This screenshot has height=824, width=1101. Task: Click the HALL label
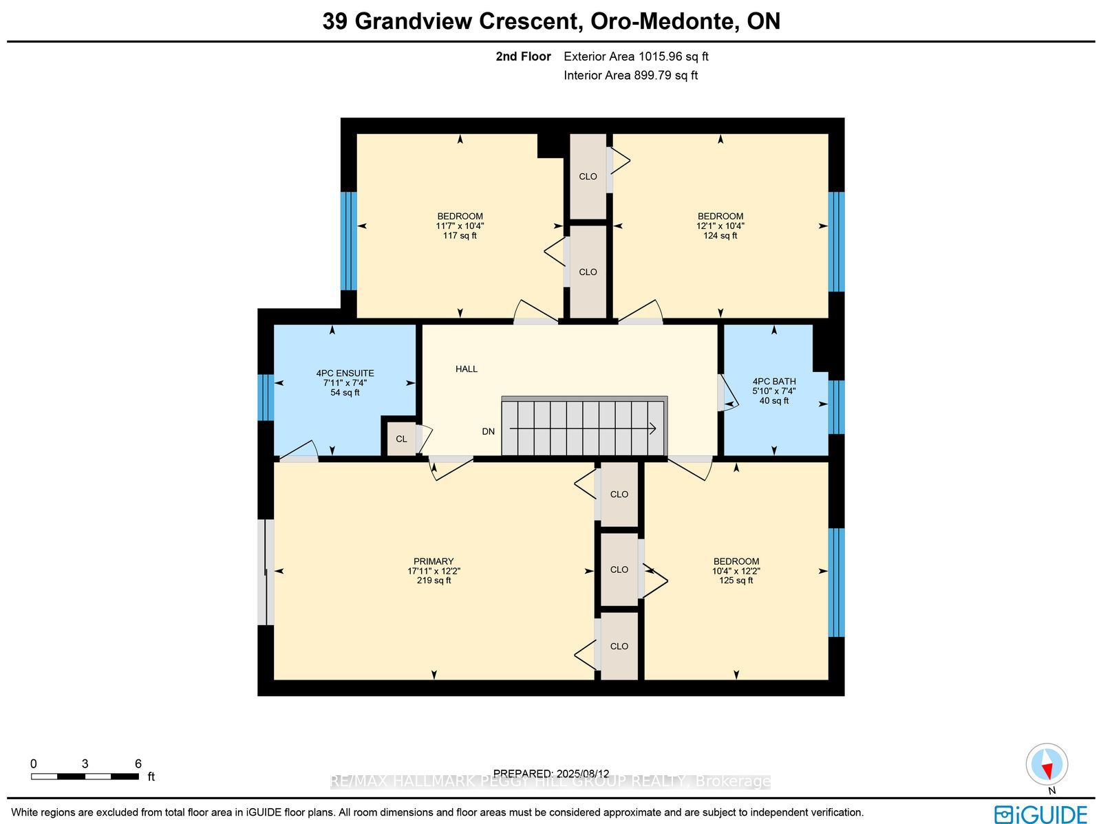(466, 369)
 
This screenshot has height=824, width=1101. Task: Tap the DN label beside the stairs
(488, 431)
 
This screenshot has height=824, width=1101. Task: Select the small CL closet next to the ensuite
(400, 439)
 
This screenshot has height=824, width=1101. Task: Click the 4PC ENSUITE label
(345, 373)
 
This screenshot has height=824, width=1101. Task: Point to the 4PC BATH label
(774, 382)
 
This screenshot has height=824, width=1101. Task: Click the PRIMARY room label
(434, 561)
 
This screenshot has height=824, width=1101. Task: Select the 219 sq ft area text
(434, 581)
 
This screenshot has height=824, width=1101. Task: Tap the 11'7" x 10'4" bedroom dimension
(460, 226)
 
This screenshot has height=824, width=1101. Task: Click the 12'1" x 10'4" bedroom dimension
(720, 226)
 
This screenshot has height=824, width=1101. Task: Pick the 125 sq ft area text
(736, 581)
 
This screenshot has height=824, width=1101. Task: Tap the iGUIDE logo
(1041, 814)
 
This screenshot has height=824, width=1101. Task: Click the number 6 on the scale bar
(138, 763)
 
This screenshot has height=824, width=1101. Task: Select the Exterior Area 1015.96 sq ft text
(636, 56)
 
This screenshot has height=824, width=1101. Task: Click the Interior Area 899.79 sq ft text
(630, 75)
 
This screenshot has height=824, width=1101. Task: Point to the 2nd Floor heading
(523, 56)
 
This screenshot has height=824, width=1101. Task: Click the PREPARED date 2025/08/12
(581, 774)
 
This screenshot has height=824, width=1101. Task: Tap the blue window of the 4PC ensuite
(266, 398)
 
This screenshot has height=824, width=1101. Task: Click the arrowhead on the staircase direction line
(652, 429)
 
